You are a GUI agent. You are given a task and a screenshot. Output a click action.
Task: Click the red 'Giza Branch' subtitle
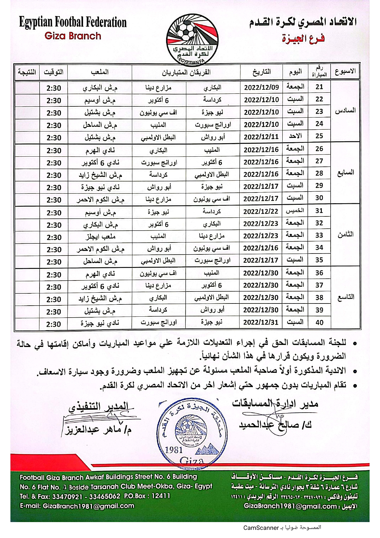[x=73, y=36]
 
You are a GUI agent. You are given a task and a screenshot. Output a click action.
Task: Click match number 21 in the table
[x=319, y=87]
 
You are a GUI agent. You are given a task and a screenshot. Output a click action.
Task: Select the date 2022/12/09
[x=261, y=87]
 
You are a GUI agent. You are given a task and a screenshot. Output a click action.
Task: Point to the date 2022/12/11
[x=261, y=137]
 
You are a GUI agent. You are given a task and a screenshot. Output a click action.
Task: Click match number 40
[x=319, y=322]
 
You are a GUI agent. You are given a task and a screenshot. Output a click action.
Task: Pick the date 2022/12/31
[x=261, y=322]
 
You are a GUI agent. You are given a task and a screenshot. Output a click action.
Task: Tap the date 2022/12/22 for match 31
[x=261, y=212]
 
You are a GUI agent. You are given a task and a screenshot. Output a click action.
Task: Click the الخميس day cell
[x=295, y=211]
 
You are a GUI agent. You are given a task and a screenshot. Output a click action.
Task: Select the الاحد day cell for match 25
[x=295, y=136]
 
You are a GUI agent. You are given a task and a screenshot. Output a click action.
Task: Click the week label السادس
[x=345, y=111]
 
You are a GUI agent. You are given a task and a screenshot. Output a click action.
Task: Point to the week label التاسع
[x=345, y=297]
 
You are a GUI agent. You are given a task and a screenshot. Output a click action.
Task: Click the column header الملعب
[x=100, y=72]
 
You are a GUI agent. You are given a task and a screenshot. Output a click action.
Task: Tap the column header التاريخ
[x=261, y=72]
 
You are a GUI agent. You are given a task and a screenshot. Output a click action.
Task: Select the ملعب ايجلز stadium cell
[x=100, y=237]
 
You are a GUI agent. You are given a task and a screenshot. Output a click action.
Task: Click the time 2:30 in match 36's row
[x=54, y=275]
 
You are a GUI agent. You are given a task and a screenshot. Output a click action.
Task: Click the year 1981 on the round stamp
[x=174, y=450]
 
